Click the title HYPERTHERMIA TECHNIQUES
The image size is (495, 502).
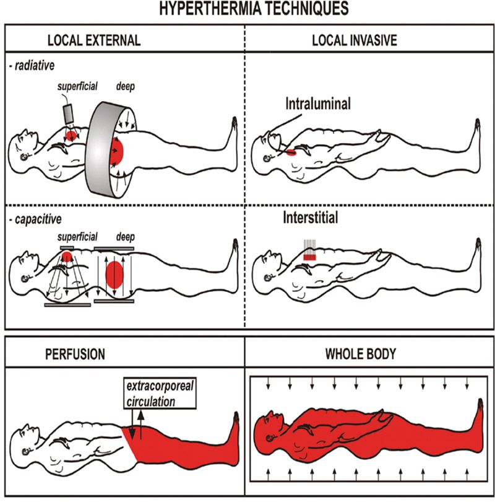[254, 8]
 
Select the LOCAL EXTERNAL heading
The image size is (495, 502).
[94, 40]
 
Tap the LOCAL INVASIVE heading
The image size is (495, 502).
[355, 40]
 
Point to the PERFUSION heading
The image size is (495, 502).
[75, 354]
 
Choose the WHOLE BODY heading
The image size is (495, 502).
[361, 354]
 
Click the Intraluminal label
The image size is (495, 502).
[318, 103]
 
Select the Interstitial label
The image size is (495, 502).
[310, 218]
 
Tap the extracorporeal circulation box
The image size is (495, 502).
[160, 393]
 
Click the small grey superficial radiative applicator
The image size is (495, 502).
[69, 115]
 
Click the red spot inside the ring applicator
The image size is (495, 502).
[117, 151]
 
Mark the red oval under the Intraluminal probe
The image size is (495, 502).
[291, 153]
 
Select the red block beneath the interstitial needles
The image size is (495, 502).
[309, 257]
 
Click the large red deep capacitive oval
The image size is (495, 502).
[114, 275]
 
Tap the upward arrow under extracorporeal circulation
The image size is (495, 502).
[140, 424]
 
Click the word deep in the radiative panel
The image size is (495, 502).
[125, 86]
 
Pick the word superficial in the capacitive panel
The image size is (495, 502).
[77, 237]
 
